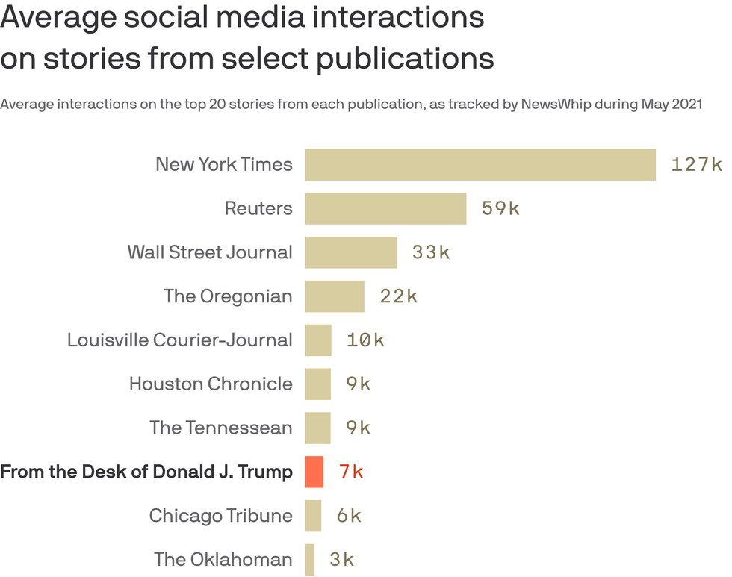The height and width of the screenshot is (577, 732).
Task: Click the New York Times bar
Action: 480,164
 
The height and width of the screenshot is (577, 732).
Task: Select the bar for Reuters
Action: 385,208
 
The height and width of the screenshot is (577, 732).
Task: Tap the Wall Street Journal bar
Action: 350,252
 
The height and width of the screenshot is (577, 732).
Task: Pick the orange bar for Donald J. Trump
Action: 314,472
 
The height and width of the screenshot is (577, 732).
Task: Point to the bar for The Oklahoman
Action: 309,559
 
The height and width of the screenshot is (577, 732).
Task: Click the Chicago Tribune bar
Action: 313,516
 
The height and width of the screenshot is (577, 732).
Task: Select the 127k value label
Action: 696,164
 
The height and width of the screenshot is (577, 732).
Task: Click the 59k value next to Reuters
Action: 500,208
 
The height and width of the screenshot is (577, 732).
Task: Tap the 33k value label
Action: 431,252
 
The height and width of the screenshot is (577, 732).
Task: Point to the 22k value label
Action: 398,296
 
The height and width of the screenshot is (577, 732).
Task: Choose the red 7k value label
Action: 351,472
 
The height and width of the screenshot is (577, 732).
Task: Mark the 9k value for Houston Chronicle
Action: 359,384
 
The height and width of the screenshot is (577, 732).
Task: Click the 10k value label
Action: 365,340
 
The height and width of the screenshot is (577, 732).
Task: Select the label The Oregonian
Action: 228,296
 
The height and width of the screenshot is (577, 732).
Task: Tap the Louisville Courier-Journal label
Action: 179,340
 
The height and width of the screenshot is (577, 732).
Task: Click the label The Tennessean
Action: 220,428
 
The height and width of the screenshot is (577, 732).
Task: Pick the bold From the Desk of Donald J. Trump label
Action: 146,472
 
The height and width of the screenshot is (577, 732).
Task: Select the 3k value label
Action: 341,559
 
